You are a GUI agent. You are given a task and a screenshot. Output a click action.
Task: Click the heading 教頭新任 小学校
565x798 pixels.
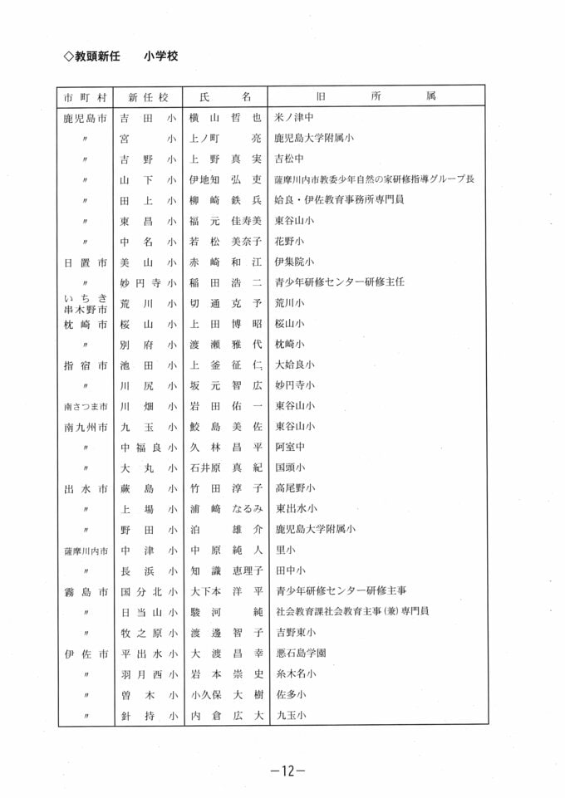click(121, 56)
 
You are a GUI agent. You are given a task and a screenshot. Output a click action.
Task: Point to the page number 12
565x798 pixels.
click(282, 771)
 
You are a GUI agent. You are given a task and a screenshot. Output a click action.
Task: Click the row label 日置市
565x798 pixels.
click(86, 262)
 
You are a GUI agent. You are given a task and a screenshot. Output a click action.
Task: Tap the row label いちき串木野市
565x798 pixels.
click(86, 303)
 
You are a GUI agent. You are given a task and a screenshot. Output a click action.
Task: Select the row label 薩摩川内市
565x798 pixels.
click(86, 550)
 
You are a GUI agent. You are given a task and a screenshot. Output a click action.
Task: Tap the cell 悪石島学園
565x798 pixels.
click(301, 653)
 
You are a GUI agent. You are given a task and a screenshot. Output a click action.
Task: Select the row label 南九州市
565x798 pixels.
click(86, 426)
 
